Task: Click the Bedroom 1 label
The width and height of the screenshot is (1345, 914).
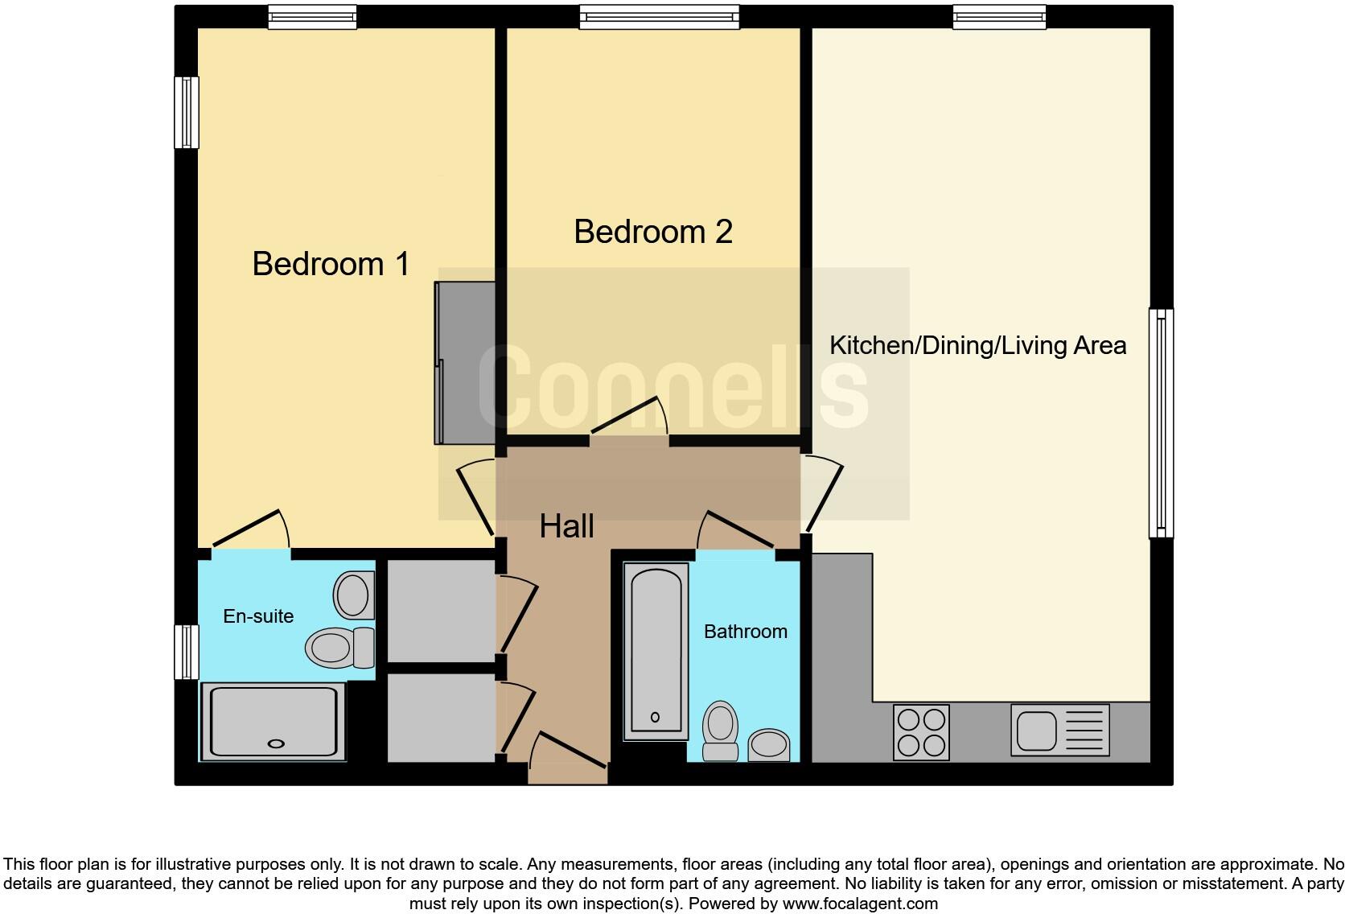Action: (x=331, y=264)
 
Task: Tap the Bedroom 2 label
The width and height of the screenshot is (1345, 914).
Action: (x=652, y=232)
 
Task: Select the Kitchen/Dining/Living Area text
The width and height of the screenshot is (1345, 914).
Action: (x=977, y=346)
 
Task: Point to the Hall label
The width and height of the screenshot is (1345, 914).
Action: (x=566, y=526)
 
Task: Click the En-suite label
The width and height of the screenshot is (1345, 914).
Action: (x=257, y=616)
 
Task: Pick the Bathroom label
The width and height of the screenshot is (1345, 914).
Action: (x=745, y=632)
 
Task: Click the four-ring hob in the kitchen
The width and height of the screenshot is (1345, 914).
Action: (x=921, y=731)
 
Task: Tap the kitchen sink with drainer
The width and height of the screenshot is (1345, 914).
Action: (x=1059, y=731)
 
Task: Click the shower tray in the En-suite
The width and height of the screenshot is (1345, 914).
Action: (x=273, y=720)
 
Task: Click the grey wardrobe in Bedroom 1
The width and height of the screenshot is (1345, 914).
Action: (x=465, y=362)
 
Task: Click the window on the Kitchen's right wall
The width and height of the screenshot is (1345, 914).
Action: (x=1161, y=423)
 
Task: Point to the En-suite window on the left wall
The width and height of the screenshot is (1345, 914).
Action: (x=187, y=652)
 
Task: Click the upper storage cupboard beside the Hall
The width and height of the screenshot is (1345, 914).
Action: (x=440, y=611)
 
